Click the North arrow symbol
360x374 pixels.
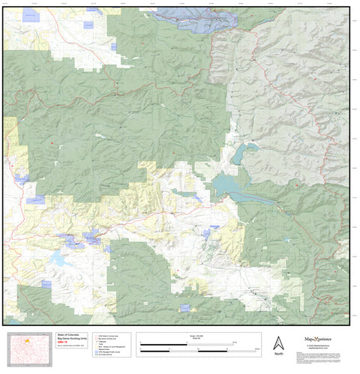coord(278,343)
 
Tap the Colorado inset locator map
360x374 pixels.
coord(28,348)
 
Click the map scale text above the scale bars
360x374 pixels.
coord(198,336)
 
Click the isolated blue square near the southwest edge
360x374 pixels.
coord(46,284)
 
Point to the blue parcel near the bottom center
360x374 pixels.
coord(184,307)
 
